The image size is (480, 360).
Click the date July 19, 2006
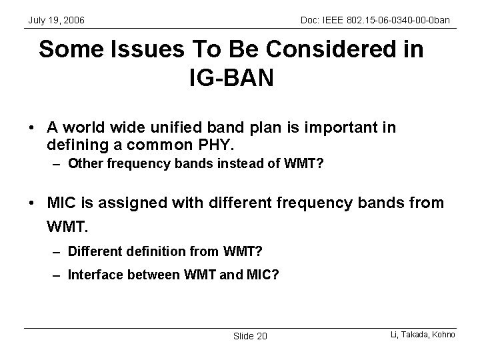[56, 21]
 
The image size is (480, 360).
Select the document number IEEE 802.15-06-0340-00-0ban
[376, 21]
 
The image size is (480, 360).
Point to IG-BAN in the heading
[231, 79]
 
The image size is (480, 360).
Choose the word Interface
[91, 274]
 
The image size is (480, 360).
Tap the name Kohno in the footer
[442, 333]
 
